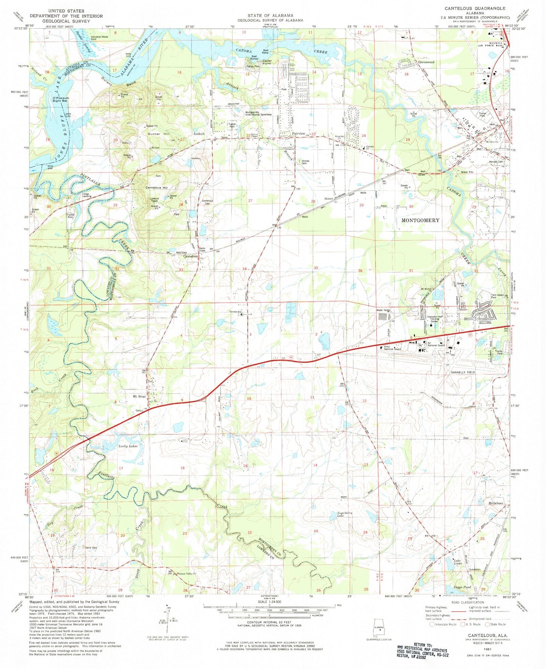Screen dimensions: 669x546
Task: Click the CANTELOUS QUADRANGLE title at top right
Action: click(x=475, y=8)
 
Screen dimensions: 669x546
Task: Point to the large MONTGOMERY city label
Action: click(x=420, y=220)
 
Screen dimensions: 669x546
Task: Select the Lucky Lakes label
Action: click(x=128, y=446)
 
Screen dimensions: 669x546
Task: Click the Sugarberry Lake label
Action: click(x=345, y=515)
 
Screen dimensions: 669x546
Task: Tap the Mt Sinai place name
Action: click(x=139, y=397)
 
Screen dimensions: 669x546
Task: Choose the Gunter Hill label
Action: click(x=159, y=134)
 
